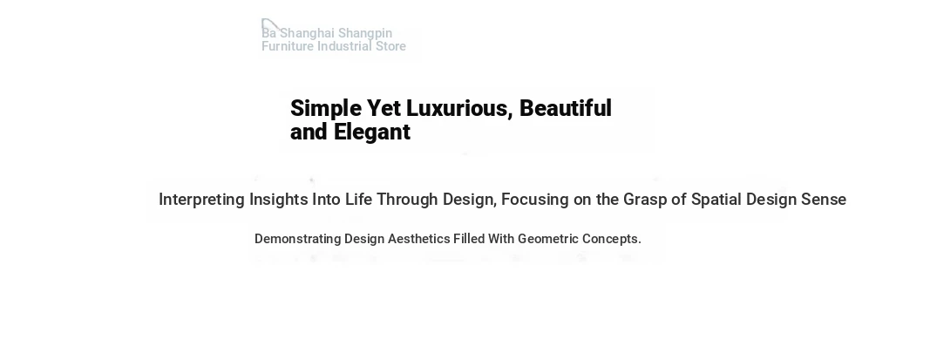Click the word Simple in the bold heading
coord(326,109)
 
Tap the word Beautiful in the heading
coord(566,108)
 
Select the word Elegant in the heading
coord(372,132)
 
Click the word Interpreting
coord(201,200)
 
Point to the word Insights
coord(278,200)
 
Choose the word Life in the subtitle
coord(359,200)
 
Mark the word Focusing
coord(535,200)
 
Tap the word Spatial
coord(716,200)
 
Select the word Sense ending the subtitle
coord(824,200)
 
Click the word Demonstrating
coord(298,239)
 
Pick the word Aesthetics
coord(418,239)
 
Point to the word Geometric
coord(548,239)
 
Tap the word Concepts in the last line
coord(612,239)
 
